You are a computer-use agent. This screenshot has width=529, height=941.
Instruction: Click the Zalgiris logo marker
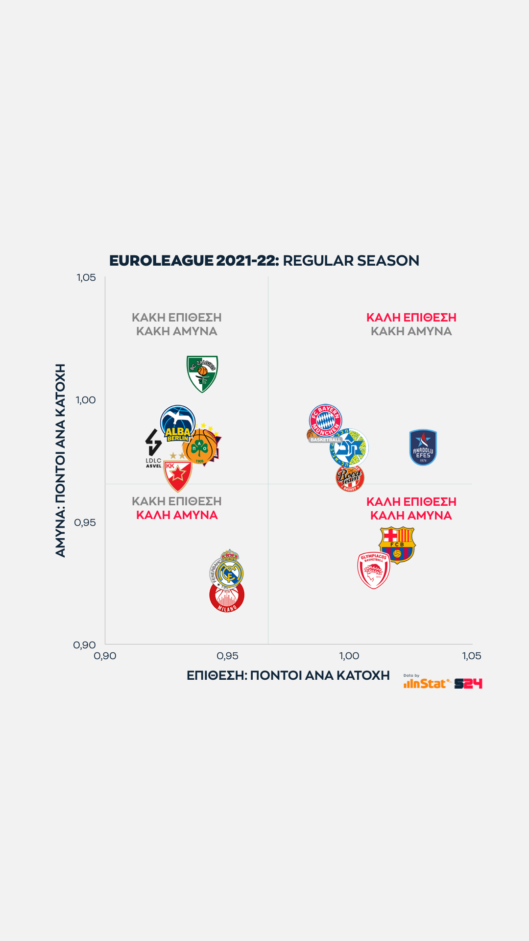point(202,373)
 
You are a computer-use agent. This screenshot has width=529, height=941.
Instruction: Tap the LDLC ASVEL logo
point(153,447)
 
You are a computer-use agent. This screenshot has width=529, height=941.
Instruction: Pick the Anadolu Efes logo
point(423,447)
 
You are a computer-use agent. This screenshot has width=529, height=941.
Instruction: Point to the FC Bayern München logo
point(325,421)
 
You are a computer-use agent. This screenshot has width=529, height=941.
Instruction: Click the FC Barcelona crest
point(397,544)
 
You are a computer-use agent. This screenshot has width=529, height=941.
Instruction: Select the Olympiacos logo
point(374,570)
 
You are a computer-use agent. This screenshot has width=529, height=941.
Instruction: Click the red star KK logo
point(177,475)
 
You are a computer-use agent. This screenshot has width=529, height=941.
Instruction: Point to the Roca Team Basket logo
point(350,478)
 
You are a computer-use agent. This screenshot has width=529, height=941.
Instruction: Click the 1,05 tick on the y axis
point(86,277)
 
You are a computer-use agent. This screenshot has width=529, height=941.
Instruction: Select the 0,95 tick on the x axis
point(227,656)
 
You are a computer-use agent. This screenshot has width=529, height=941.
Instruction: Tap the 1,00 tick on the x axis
point(349,656)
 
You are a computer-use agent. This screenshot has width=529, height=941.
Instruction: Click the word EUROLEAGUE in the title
point(161,260)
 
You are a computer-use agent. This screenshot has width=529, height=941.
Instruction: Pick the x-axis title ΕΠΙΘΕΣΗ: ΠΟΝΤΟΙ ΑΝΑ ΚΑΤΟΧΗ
point(288,675)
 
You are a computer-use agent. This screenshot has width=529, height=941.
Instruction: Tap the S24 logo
point(468,684)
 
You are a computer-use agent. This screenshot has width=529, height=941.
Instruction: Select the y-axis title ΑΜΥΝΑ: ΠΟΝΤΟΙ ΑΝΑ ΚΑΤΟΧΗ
point(60,460)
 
